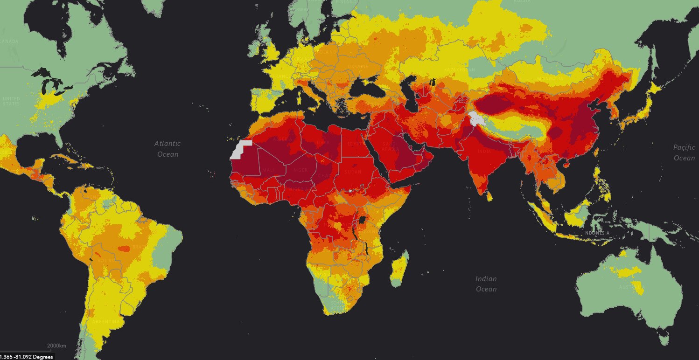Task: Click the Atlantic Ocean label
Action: tap(168, 149)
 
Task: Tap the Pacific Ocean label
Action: tap(684, 152)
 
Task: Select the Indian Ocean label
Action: tap(486, 284)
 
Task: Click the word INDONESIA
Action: tap(596, 233)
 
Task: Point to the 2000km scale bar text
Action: tap(56, 346)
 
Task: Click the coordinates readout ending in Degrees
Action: tap(27, 357)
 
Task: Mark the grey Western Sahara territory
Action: tap(240, 150)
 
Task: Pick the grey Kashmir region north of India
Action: tap(477, 119)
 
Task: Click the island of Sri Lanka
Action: tap(489, 196)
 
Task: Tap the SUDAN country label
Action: tap(352, 172)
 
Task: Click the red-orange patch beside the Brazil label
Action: tap(124, 249)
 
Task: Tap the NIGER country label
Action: tap(300, 170)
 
